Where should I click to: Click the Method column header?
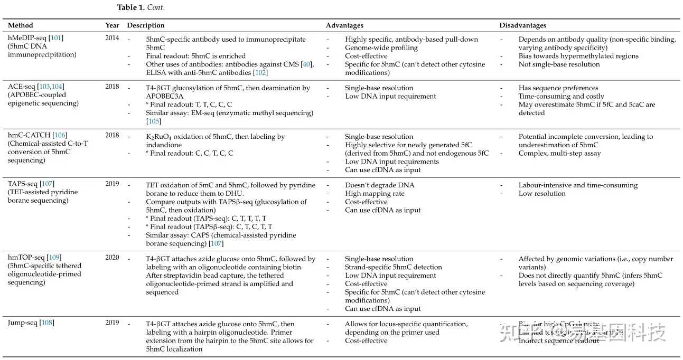click(x=20, y=25)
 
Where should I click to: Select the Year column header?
click(x=112, y=25)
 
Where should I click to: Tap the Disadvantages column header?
click(x=523, y=25)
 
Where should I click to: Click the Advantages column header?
click(x=344, y=25)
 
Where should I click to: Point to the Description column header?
click(x=146, y=25)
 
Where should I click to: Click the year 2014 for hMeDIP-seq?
click(x=112, y=38)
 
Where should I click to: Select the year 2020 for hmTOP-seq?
click(x=112, y=258)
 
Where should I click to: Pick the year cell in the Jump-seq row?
click(x=112, y=323)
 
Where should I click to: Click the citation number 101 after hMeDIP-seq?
click(x=56, y=38)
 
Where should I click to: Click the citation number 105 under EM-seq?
click(x=154, y=121)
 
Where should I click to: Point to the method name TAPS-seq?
click(x=22, y=184)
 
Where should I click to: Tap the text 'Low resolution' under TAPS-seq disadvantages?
click(x=542, y=194)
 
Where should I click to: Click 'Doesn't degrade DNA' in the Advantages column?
click(x=380, y=185)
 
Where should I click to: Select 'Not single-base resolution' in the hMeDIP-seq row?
click(x=559, y=64)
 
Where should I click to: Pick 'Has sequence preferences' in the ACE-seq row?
click(x=558, y=88)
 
